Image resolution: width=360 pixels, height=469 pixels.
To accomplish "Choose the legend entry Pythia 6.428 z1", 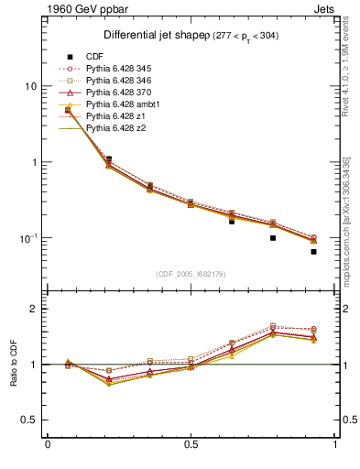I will pyautogui.click(x=117, y=116).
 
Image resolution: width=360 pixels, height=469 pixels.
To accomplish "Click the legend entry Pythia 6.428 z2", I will pyautogui.click(x=117, y=128).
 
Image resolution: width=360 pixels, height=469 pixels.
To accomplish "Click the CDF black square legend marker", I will pyautogui.click(x=69, y=57).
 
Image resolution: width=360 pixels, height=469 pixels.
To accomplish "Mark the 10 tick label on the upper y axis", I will pyautogui.click(x=29, y=86).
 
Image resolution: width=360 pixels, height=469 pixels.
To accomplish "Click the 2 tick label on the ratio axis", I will pyautogui.click(x=34, y=309).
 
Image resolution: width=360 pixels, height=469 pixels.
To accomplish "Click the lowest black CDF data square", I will pyautogui.click(x=313, y=251).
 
